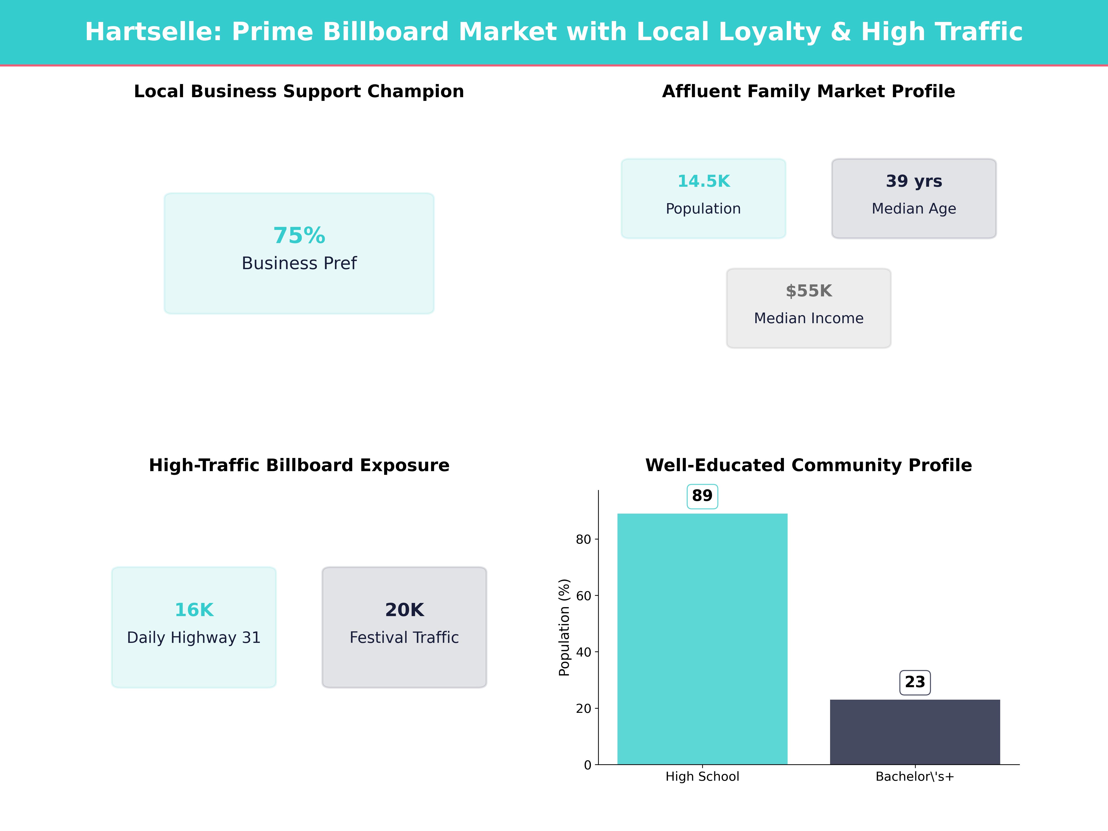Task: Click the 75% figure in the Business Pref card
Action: [299, 235]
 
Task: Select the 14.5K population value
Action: [703, 181]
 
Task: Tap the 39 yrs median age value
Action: [914, 181]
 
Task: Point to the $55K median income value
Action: [808, 291]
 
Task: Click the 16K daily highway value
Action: [194, 610]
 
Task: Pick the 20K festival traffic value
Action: [404, 610]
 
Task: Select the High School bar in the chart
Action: [702, 639]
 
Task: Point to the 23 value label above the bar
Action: [915, 682]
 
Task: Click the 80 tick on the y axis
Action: [584, 539]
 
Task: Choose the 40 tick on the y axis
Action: [584, 652]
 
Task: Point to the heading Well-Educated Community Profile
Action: [808, 465]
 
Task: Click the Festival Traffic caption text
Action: [404, 638]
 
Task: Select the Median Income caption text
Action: [808, 319]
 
